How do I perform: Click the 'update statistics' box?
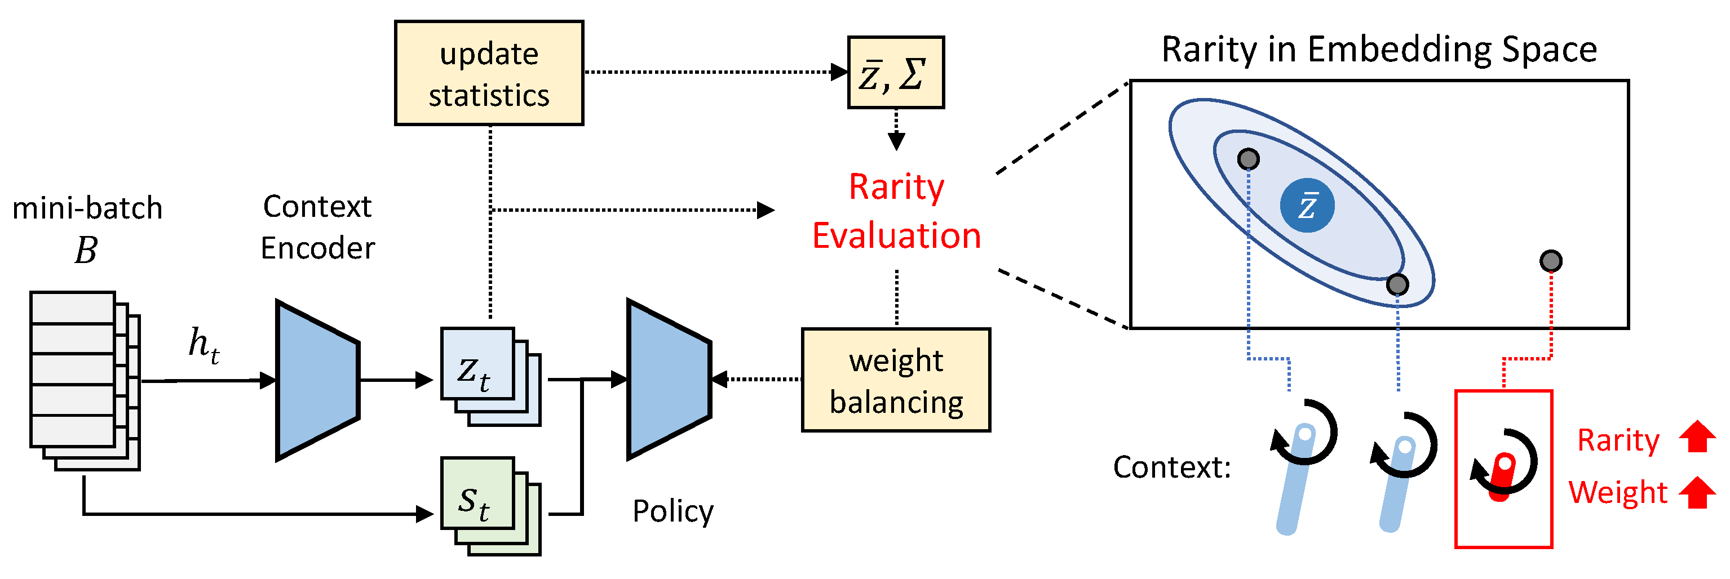[489, 73]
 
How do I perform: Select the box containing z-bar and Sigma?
[896, 73]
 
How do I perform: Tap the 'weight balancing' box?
[896, 380]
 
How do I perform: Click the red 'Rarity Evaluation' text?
[896, 211]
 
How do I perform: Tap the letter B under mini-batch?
[86, 250]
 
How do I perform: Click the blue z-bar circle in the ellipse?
[1307, 206]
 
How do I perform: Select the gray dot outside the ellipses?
[1551, 261]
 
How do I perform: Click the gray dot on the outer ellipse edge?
[1397, 284]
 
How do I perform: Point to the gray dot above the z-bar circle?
[1249, 159]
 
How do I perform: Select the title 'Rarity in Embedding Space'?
[1379, 50]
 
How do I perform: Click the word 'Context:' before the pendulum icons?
[1172, 467]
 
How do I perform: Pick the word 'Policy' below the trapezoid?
[673, 511]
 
